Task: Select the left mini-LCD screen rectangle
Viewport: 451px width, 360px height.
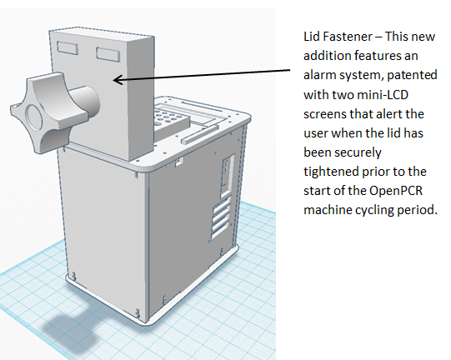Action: (x=68, y=47)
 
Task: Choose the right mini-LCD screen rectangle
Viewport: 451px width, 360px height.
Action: (x=108, y=54)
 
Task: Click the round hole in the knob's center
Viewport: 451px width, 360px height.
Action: (x=33, y=117)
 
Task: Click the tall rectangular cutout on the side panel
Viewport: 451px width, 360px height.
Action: (x=228, y=176)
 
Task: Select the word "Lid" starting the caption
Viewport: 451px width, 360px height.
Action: (x=310, y=37)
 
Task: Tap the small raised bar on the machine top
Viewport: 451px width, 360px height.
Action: (x=199, y=133)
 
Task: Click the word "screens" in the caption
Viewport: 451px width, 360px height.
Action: (x=324, y=114)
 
